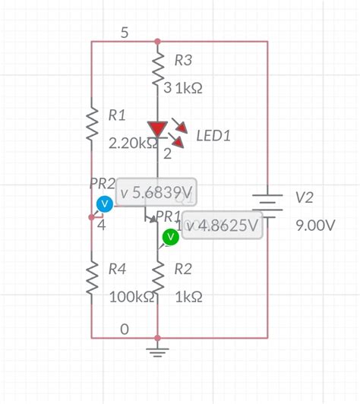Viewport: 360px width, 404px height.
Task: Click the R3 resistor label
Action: coord(185,60)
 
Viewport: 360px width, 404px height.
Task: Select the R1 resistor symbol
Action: coord(91,124)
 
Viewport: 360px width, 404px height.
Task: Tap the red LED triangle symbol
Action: coord(157,130)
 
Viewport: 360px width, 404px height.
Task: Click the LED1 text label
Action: coord(213,136)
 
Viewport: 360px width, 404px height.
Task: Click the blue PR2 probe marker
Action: coord(106,204)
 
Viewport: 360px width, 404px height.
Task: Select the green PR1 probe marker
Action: coord(170,238)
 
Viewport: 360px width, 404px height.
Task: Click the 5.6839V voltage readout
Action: coord(156,193)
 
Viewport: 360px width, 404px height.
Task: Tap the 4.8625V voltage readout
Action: coord(222,226)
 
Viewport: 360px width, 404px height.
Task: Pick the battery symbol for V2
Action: coord(267,204)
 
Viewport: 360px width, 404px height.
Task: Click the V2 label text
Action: coord(304,197)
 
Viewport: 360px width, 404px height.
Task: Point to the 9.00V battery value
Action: coord(315,226)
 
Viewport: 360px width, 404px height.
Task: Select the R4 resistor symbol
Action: coord(91,277)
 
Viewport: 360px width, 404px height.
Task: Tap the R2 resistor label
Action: coord(184,268)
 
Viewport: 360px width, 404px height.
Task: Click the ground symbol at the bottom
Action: coord(157,350)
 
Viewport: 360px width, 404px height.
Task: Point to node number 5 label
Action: coord(124,33)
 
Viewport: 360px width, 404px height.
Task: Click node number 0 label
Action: coord(124,328)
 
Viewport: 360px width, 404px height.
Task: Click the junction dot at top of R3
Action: coord(157,42)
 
